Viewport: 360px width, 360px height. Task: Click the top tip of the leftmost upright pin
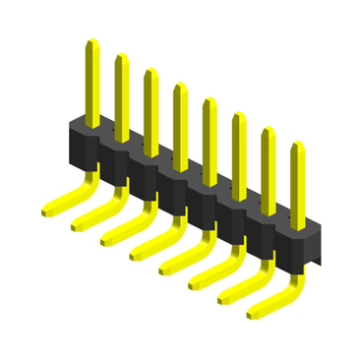91,43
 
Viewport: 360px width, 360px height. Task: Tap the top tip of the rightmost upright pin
297,147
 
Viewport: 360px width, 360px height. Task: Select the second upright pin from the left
121,93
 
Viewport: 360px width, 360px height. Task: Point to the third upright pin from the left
150,108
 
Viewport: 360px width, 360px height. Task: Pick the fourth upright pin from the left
180,122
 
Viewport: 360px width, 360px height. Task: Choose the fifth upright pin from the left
210,138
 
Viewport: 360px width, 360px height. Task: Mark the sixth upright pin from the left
239,152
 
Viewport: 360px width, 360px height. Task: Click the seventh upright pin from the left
268,167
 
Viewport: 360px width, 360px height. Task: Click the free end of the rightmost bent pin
254,314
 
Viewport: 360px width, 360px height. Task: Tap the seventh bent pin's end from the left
224,299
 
